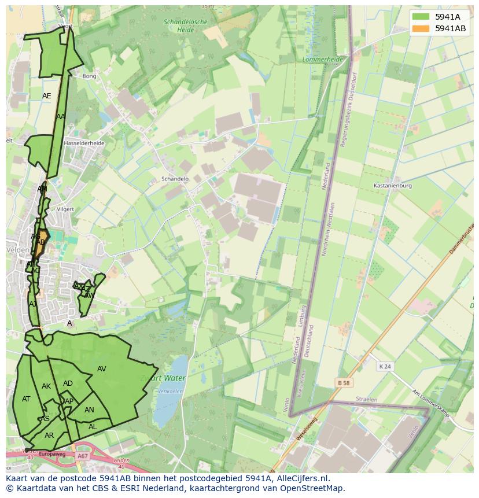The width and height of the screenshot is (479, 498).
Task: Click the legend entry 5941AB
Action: pyautogui.click(x=450, y=28)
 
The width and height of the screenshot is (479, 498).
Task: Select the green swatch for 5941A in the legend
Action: pyautogui.click(x=421, y=17)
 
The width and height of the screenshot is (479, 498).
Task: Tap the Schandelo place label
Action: pyautogui.click(x=175, y=179)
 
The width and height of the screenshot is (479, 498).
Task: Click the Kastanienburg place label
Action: pyautogui.click(x=393, y=186)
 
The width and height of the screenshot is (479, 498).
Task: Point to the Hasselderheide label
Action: pyautogui.click(x=84, y=143)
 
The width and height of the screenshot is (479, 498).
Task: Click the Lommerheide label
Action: pyautogui.click(x=323, y=60)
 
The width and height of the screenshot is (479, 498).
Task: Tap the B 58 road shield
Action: pyautogui.click(x=344, y=383)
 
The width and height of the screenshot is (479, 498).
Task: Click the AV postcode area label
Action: pyautogui.click(x=101, y=369)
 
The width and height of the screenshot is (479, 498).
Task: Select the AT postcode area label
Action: pyautogui.click(x=26, y=399)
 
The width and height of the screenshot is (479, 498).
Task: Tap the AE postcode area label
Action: pyautogui.click(x=47, y=96)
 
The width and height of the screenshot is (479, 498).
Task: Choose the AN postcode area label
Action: pyautogui.click(x=89, y=410)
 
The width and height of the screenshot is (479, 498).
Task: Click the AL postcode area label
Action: pyautogui.click(x=93, y=427)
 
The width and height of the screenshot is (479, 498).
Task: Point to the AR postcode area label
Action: pyautogui.click(x=49, y=436)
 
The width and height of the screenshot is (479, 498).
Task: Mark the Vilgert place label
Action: pyautogui.click(x=66, y=209)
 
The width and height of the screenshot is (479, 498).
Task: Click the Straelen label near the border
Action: pyautogui.click(x=366, y=400)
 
